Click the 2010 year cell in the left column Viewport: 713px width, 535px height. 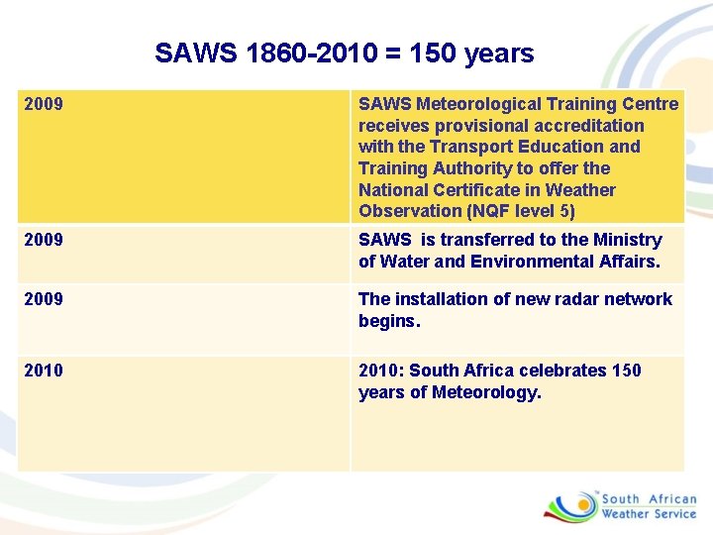pyautogui.click(x=43, y=371)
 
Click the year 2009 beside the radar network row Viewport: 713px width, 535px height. pyautogui.click(x=43, y=299)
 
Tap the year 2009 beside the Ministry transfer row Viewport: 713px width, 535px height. pyautogui.click(x=43, y=240)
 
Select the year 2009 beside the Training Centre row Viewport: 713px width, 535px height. pyautogui.click(x=43, y=104)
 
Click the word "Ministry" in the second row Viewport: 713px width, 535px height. pyautogui.click(x=629, y=240)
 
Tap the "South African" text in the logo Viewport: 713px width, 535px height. pyautogui.click(x=650, y=499)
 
